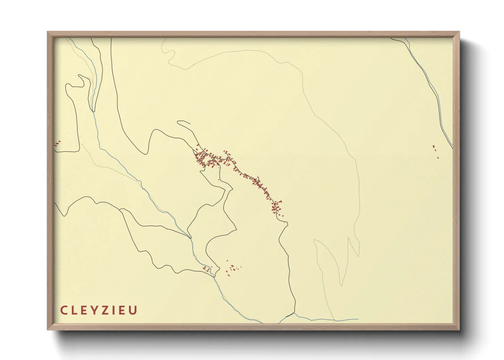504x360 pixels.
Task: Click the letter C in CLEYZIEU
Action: coord(64,310)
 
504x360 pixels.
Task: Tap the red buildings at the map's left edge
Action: coord(57,143)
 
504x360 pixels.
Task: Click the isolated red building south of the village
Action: coord(218,180)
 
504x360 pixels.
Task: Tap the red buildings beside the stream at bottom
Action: coord(207,269)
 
